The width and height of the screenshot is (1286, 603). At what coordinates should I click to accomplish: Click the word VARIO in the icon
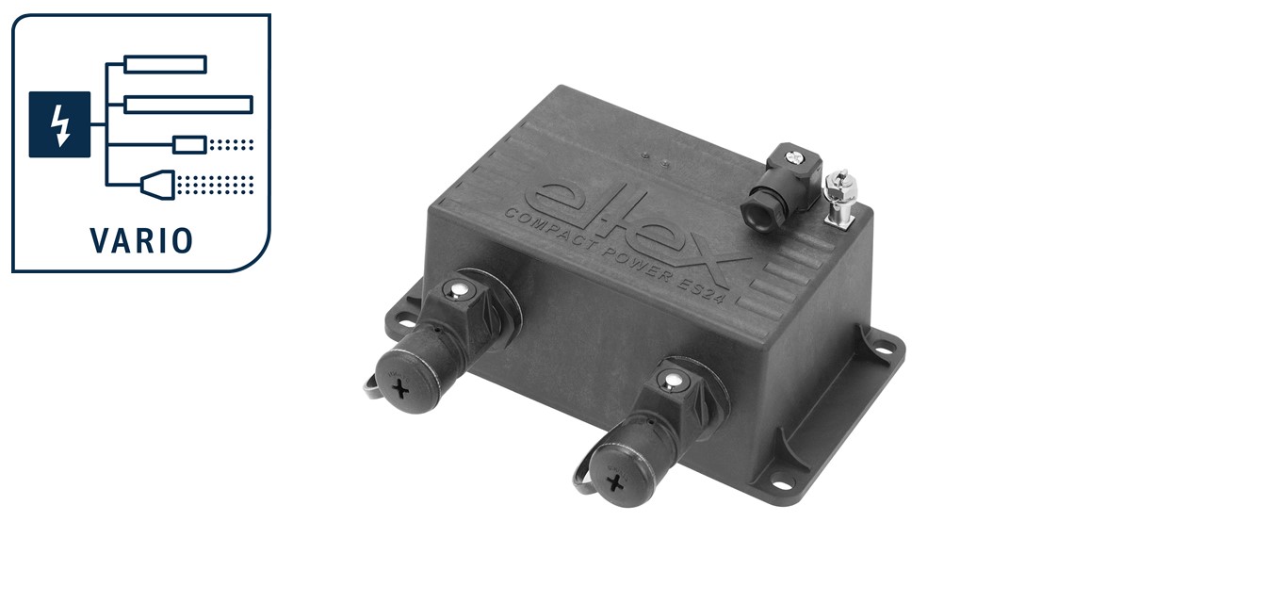[x=141, y=240]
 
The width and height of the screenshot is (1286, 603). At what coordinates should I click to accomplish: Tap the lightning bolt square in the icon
[x=59, y=124]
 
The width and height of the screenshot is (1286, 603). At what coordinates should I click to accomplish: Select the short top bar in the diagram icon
[x=166, y=64]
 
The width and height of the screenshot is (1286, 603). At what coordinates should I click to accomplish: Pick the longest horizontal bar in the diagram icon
[x=188, y=105]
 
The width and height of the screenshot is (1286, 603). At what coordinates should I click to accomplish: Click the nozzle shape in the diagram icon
[x=158, y=185]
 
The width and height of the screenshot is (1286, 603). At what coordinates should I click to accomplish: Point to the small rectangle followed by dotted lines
[x=190, y=145]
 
